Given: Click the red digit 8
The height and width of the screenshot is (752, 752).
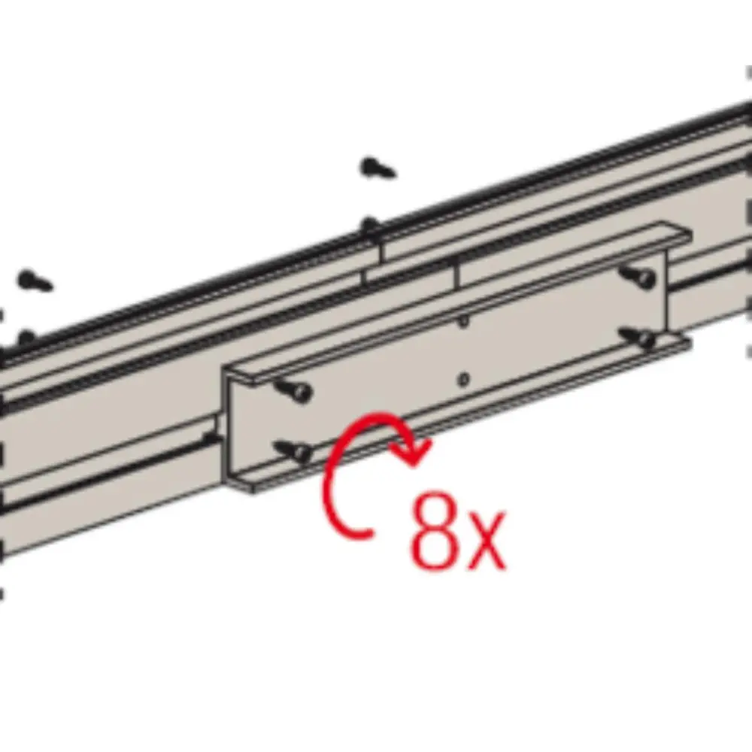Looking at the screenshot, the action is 434,530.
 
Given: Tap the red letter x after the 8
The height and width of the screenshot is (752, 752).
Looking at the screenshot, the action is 485,541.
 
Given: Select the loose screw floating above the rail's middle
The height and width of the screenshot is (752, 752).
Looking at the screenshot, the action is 378,168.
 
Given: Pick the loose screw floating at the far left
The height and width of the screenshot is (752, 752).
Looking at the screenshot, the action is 35,280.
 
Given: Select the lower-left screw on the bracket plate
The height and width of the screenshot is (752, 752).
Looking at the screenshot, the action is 293,450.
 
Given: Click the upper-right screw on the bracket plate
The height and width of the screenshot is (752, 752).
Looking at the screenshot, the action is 638,276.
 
